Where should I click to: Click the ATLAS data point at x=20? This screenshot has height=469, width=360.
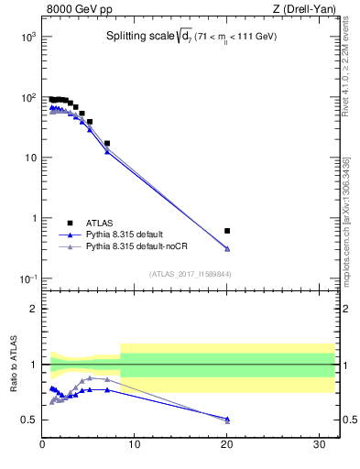pos(227,231)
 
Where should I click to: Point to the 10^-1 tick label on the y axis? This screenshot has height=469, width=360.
pos(27,278)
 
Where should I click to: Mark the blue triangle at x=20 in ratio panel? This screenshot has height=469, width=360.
pos(227,419)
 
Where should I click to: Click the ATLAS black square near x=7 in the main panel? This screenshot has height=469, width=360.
pos(107,144)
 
